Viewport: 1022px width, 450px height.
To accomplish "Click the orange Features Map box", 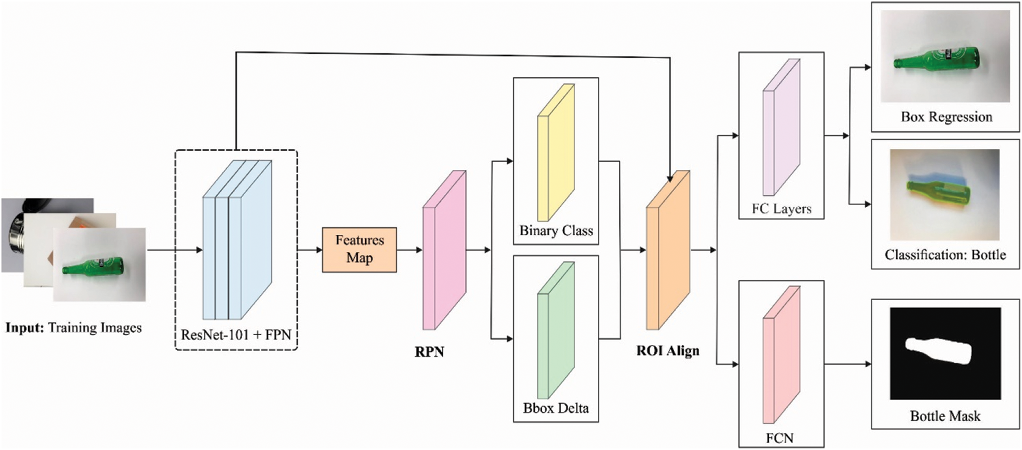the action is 359,250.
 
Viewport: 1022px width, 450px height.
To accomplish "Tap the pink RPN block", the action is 444,250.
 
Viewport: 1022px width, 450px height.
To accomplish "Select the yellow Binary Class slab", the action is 556,152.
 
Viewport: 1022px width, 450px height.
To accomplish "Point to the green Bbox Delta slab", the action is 556,330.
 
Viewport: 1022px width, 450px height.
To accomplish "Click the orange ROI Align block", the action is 668,250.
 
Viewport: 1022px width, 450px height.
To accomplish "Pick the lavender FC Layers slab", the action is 781,128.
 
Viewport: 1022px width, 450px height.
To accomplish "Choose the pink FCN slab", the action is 781,354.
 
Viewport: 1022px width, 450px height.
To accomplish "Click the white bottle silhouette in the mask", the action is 938,351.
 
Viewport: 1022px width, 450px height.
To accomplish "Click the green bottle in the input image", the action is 93,266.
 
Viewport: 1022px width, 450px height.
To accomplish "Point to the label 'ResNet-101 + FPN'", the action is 236,335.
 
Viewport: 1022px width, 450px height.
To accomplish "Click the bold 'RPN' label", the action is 430,352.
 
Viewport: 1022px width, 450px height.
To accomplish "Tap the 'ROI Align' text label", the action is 668,351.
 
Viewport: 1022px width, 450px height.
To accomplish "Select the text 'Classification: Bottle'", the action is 945,255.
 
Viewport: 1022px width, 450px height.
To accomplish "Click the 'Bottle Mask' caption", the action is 945,416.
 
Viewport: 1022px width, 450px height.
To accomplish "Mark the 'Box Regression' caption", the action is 947,117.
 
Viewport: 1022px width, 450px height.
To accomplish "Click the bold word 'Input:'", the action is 24,328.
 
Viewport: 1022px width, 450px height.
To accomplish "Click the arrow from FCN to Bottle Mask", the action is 848,364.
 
